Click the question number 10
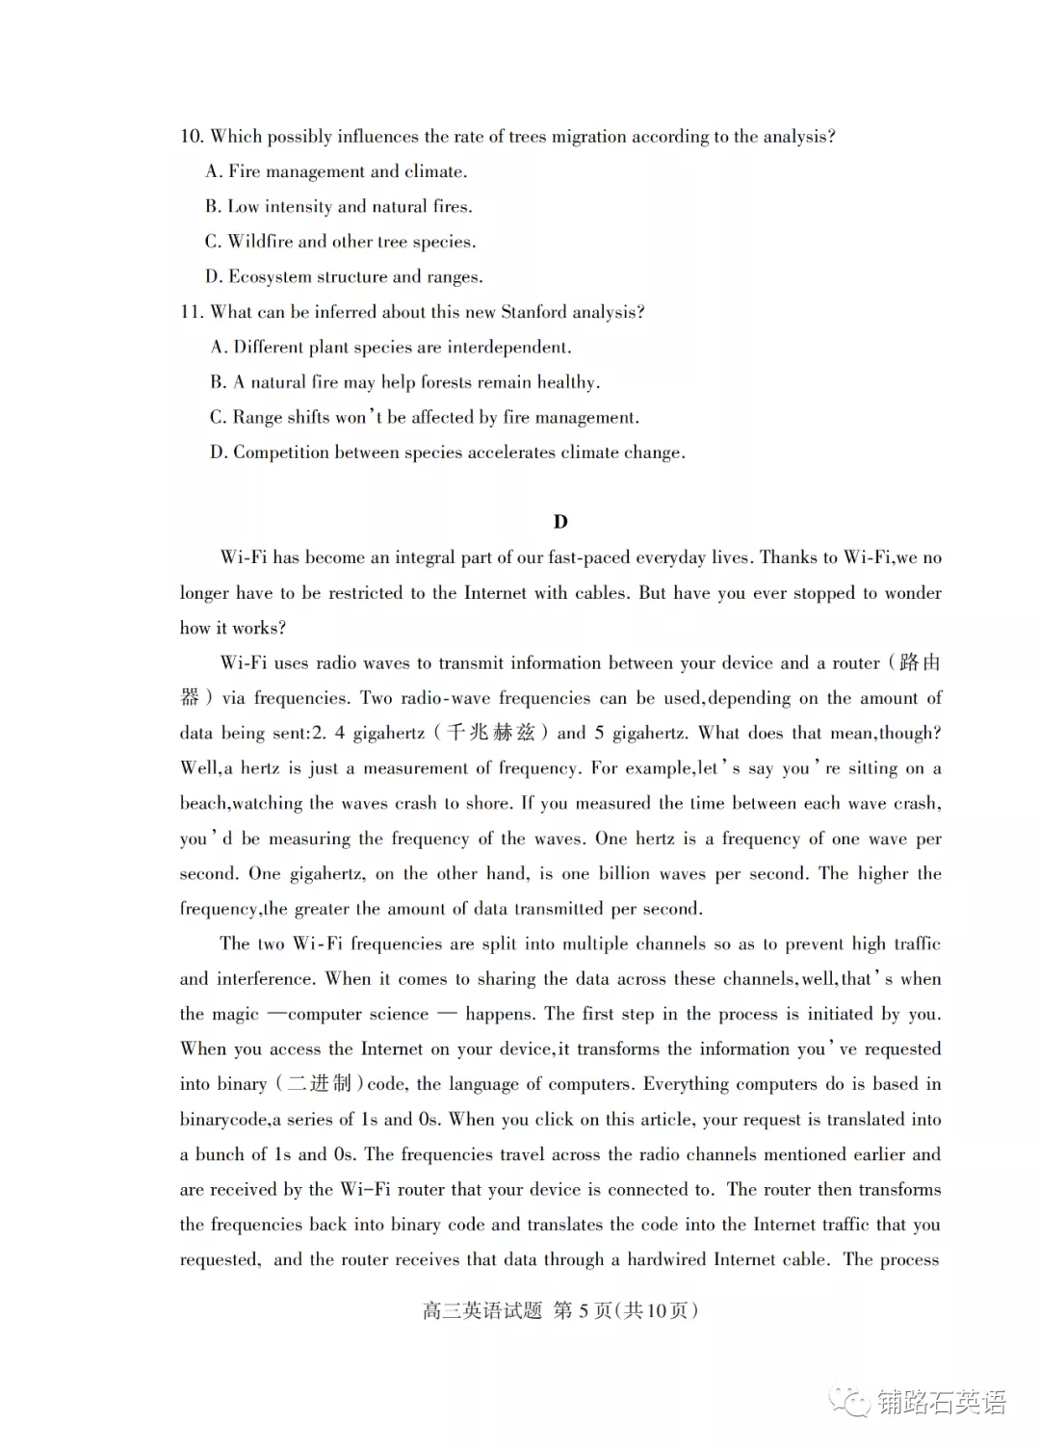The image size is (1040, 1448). pyautogui.click(x=191, y=137)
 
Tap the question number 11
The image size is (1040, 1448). pyautogui.click(x=191, y=312)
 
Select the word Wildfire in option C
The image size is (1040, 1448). pyautogui.click(x=260, y=242)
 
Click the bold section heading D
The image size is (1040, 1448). pyautogui.click(x=560, y=522)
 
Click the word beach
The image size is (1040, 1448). pyautogui.click(x=202, y=804)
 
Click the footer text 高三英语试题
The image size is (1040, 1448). pyautogui.click(x=482, y=1310)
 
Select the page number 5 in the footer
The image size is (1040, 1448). pyautogui.click(x=583, y=1310)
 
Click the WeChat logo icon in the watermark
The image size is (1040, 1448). pyautogui.click(x=851, y=1402)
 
